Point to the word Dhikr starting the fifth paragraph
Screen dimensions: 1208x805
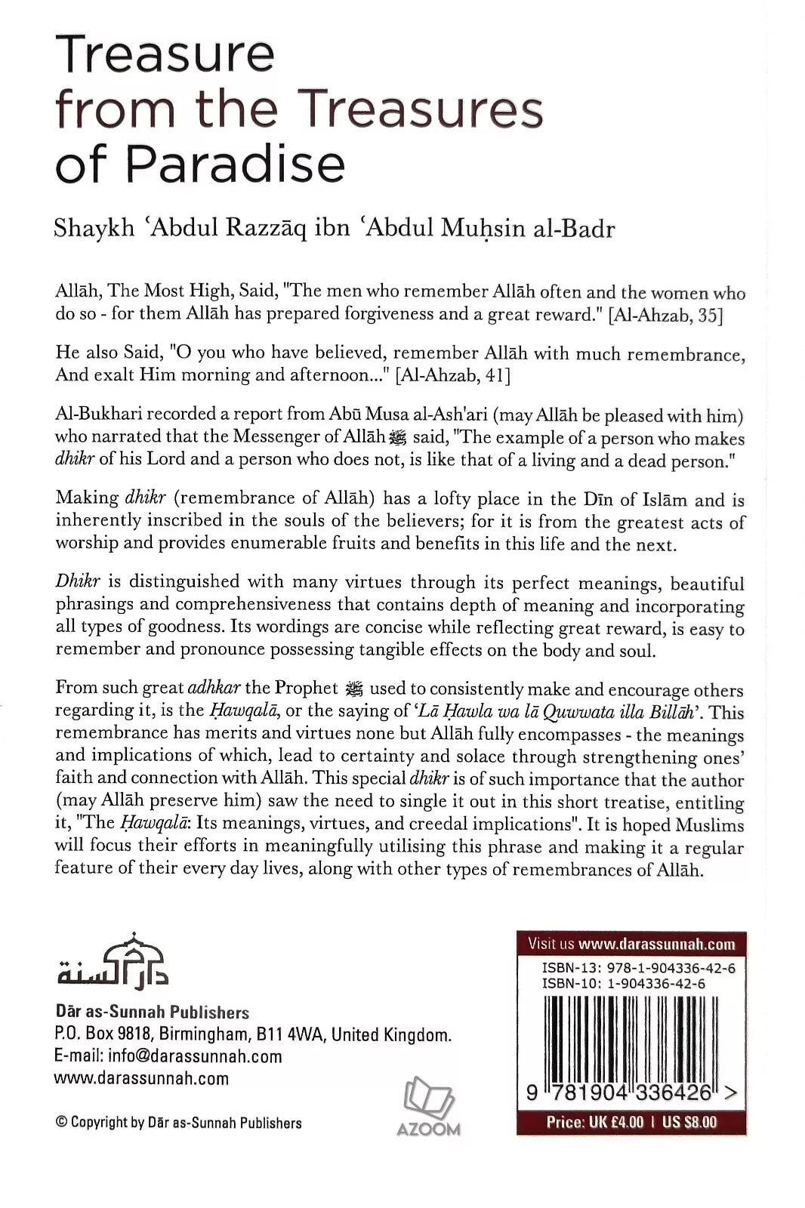pos(73,581)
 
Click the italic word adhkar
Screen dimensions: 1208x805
pos(213,688)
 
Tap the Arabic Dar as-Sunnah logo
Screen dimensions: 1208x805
pos(113,961)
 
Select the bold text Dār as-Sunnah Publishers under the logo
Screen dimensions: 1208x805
pos(152,1012)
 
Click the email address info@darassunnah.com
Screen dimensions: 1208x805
pos(195,1056)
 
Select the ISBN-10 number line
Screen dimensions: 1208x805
pos(624,984)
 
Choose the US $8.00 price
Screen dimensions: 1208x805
pos(690,1122)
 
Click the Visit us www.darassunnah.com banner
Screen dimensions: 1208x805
pos(631,943)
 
